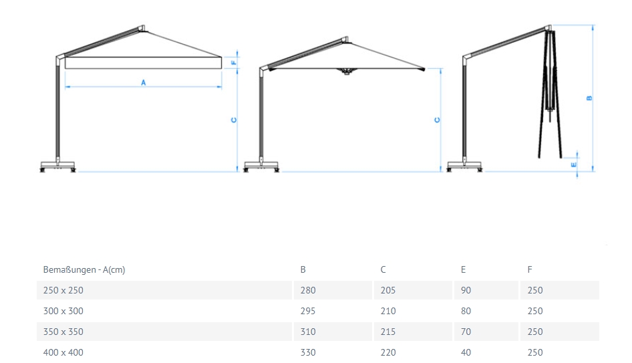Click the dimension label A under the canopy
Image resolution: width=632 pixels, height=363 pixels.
click(143, 82)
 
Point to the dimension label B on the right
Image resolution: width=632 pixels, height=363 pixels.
click(589, 98)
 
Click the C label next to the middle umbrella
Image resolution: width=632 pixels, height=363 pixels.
click(437, 120)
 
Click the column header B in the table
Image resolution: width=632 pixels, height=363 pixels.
click(303, 270)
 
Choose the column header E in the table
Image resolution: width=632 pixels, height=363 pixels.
click(463, 270)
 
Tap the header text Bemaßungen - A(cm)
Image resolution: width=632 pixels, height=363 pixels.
click(84, 270)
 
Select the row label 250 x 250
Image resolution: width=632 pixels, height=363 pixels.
click(63, 291)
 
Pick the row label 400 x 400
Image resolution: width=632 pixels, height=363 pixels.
click(63, 352)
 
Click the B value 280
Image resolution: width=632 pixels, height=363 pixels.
click(308, 291)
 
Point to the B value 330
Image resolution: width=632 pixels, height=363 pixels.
click(308, 352)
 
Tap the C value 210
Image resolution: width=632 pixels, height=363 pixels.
click(387, 311)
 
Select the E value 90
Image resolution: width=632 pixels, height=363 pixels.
click(466, 291)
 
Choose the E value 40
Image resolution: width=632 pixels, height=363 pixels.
click(466, 352)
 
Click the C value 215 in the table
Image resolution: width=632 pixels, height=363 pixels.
click(387, 332)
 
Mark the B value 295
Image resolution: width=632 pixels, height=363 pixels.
click(308, 311)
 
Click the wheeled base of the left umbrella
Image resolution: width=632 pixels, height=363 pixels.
click(58, 166)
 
